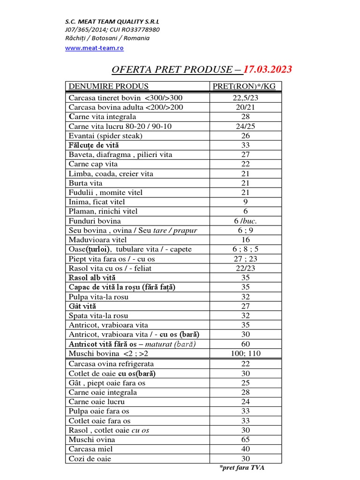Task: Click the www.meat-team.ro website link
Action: tap(94, 47)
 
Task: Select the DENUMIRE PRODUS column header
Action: tap(108, 86)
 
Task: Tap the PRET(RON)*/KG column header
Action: tap(244, 86)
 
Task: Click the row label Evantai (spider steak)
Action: tap(105, 136)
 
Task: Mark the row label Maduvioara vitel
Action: tap(97, 240)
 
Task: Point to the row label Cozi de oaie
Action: tap(90, 458)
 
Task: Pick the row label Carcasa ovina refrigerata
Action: tap(111, 364)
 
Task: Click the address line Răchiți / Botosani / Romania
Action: tap(107, 38)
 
